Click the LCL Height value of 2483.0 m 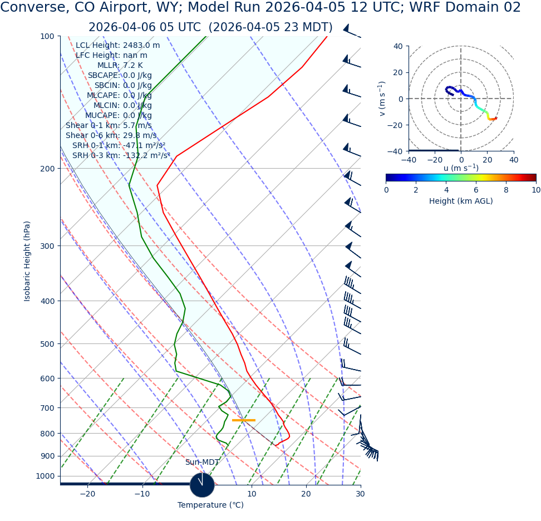point(141,46)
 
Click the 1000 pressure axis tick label point(45,476)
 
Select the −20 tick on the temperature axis point(87,494)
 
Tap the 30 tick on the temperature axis point(360,494)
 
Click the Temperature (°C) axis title point(210,505)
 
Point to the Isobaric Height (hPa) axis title point(27,261)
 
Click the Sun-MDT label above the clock point(202,463)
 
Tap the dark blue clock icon point(202,485)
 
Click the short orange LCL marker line point(243,420)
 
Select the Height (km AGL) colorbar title point(461,201)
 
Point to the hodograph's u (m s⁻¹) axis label point(461,168)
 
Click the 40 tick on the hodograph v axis point(399,46)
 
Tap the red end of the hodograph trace point(494,119)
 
